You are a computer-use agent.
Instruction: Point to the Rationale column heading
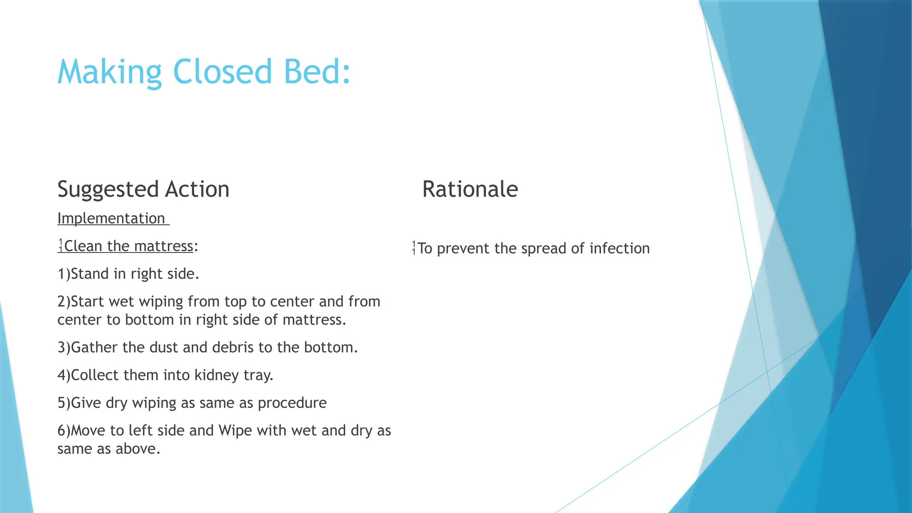[x=470, y=189]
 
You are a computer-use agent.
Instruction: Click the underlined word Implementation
[x=111, y=219]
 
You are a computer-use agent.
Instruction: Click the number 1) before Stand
[x=64, y=274]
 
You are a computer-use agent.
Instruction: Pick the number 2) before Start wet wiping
[x=64, y=302]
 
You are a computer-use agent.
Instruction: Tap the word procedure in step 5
[x=292, y=403]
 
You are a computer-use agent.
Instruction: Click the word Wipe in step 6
[x=235, y=431]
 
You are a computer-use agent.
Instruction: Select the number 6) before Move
[x=64, y=431]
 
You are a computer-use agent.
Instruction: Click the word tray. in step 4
[x=258, y=375]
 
